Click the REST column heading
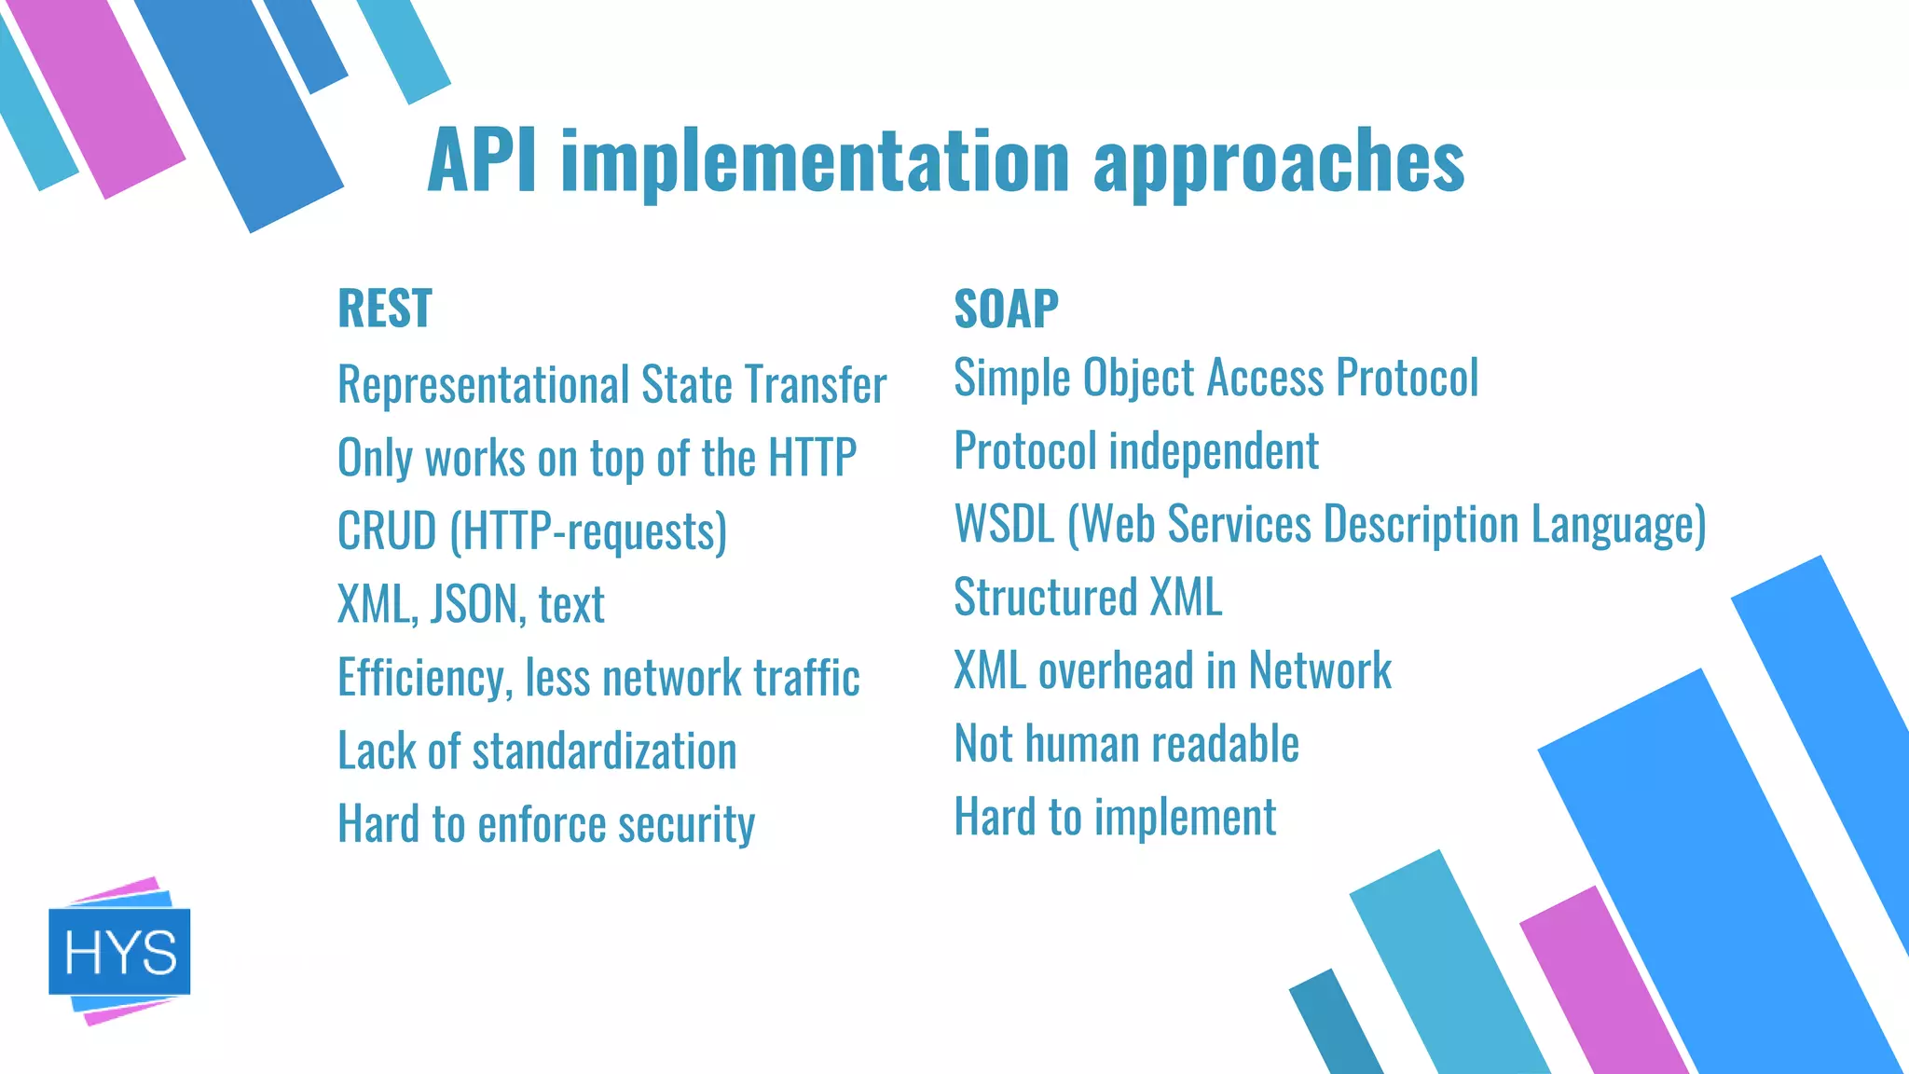click(x=384, y=309)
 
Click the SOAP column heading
click(x=1006, y=309)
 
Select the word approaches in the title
click(x=1278, y=162)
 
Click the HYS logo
click(x=119, y=952)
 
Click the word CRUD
click(x=386, y=530)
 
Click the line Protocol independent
click(x=1135, y=451)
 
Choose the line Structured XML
click(x=1087, y=597)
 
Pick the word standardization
click(x=604, y=750)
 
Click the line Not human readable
click(x=1126, y=744)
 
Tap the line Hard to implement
click(x=1114, y=817)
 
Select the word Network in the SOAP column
click(x=1319, y=670)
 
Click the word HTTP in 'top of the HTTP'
click(x=811, y=458)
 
